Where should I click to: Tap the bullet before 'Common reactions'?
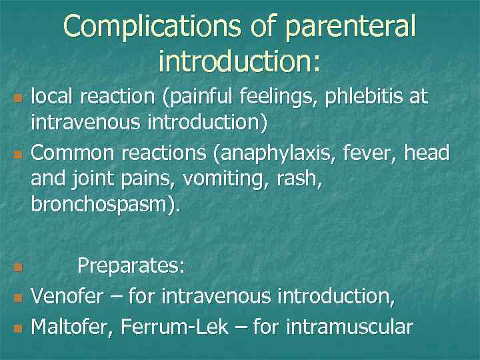pos(18,155)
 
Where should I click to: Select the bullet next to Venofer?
pos(18,295)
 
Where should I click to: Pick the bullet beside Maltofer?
pos(18,328)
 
